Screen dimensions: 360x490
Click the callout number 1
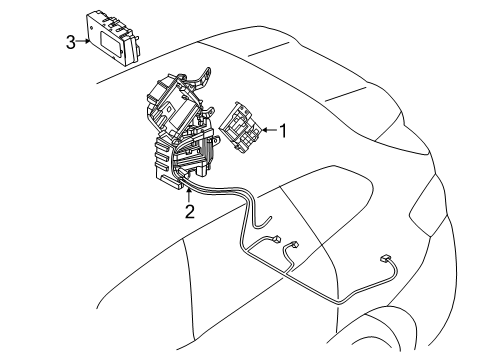(284, 129)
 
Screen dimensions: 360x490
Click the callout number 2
(188, 211)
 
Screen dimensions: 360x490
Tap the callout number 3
(70, 41)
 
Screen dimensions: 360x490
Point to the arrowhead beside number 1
(265, 130)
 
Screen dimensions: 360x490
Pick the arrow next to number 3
(88, 41)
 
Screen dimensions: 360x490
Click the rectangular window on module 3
(119, 29)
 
